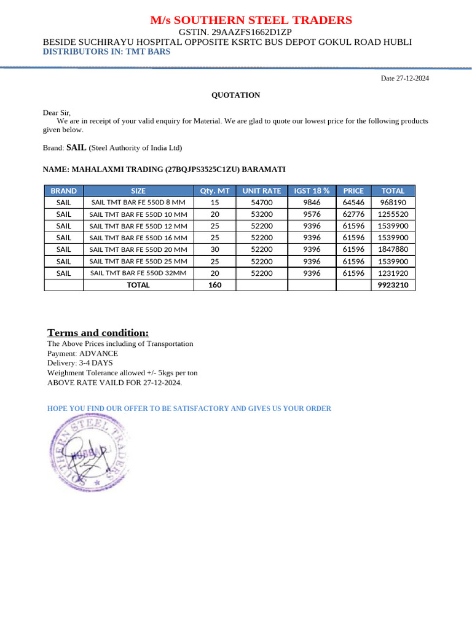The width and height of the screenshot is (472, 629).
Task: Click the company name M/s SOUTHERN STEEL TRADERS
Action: [x=251, y=20]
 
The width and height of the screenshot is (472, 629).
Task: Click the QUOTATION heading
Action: [x=235, y=95]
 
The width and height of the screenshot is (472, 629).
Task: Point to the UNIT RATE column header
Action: [x=261, y=191]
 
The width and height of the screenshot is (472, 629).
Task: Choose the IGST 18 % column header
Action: [x=312, y=191]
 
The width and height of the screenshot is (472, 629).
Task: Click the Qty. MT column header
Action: [x=214, y=191]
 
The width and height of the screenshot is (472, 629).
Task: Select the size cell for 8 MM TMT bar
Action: [x=138, y=202]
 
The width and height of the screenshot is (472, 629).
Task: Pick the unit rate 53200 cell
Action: [x=261, y=214]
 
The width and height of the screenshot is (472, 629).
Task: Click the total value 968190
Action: [x=393, y=202]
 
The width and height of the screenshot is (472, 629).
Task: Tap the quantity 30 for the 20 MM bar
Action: [x=214, y=249]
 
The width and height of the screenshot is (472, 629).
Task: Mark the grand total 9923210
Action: [x=393, y=285]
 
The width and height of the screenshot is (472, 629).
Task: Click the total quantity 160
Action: [x=214, y=285]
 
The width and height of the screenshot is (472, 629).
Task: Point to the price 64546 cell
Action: [x=353, y=202]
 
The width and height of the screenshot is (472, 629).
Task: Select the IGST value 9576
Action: [x=312, y=214]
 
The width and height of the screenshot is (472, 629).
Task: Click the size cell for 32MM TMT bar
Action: [x=138, y=273]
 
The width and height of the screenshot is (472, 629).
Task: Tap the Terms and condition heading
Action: [x=98, y=333]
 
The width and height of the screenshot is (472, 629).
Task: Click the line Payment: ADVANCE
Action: [x=82, y=354]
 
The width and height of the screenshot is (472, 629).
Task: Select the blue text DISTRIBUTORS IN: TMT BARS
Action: [x=106, y=52]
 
